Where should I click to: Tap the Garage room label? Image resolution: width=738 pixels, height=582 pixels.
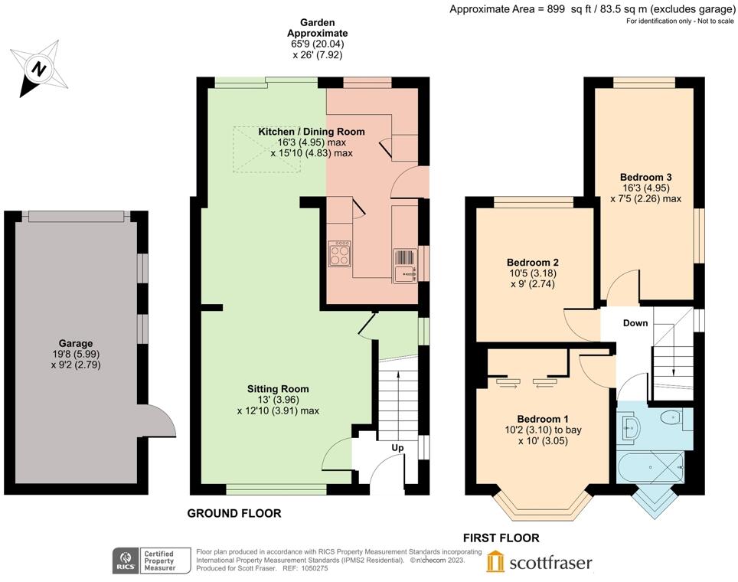pos(74,344)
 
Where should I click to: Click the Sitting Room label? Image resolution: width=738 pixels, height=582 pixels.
pos(278,389)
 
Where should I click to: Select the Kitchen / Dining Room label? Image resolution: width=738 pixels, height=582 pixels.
pos(311,132)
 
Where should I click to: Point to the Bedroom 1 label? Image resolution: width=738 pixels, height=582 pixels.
pos(543,419)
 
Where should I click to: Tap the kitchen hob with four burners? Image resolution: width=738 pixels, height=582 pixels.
pos(340,253)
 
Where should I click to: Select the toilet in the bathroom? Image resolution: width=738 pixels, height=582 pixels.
pos(671,418)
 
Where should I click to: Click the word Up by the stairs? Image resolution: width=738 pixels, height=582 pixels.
pos(398,447)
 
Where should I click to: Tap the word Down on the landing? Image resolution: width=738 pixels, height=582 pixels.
pos(635,323)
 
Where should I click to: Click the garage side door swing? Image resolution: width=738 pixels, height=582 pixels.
pos(158,420)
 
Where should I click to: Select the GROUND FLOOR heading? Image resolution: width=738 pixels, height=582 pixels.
pos(234,514)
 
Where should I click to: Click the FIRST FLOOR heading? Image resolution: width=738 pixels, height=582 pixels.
pos(501,538)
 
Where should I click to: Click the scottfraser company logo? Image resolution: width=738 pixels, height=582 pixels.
pos(539,563)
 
